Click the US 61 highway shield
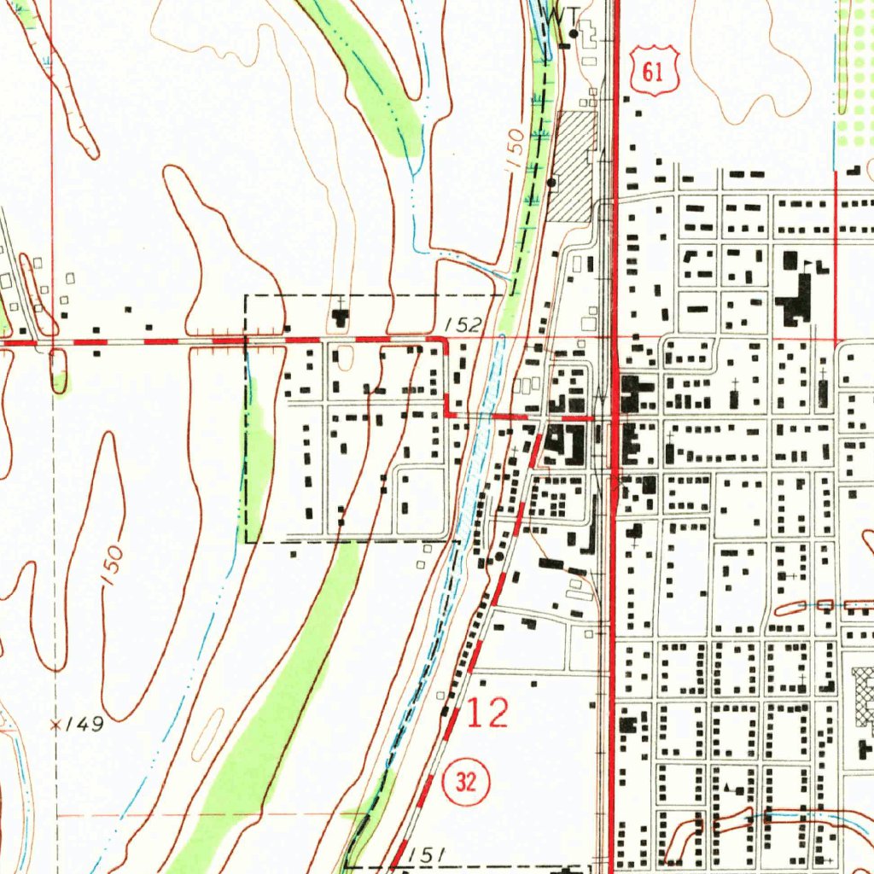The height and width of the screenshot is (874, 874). pos(654,70)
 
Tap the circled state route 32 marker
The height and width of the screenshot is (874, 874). pos(466,782)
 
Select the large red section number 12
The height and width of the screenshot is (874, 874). pos(488,714)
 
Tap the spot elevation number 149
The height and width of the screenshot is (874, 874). pos(85,725)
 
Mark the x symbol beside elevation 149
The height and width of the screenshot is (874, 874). pos(56,725)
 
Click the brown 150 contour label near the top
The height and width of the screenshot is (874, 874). pos(515,150)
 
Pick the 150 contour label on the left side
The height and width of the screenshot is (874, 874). pos(112,565)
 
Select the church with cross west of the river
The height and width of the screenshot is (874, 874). pos(341,316)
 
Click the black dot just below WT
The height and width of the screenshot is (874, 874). pos(574,34)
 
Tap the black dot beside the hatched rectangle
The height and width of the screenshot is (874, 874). pos(551,182)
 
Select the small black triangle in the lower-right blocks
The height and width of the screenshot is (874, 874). pos(726,784)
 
